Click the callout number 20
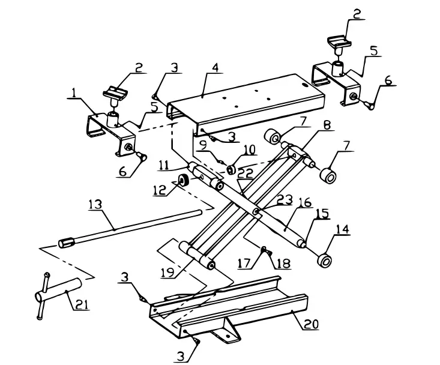pos(311,324)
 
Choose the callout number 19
pos(169,273)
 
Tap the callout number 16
pos(305,204)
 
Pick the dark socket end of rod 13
pos(67,243)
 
